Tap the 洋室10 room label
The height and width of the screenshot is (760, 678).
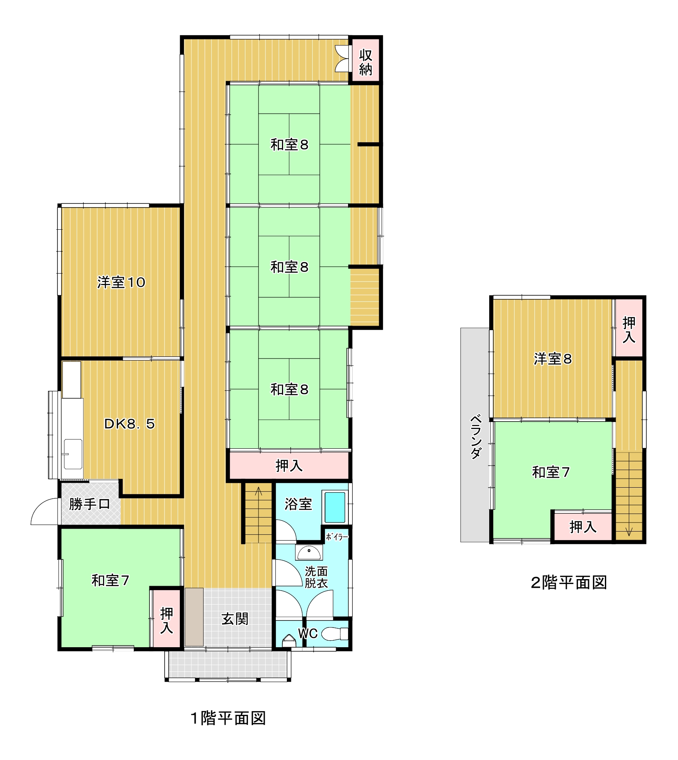click(121, 282)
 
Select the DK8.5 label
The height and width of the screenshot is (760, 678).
click(129, 423)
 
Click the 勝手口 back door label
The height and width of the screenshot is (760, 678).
click(90, 504)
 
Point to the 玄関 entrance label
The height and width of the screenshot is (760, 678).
click(235, 618)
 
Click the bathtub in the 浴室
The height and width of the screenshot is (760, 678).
click(335, 507)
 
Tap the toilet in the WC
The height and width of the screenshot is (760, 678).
click(335, 634)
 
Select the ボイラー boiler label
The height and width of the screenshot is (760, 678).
click(337, 536)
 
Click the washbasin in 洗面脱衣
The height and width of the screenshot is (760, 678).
click(309, 553)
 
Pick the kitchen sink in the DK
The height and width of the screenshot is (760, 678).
click(73, 454)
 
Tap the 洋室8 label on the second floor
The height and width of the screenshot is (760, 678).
click(552, 359)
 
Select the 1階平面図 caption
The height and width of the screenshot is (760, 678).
click(228, 718)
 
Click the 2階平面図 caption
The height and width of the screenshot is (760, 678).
click(569, 582)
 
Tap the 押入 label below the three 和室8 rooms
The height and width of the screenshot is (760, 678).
click(289, 466)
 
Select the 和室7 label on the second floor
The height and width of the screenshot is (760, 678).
click(551, 472)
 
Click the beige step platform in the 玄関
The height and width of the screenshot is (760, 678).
click(194, 617)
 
